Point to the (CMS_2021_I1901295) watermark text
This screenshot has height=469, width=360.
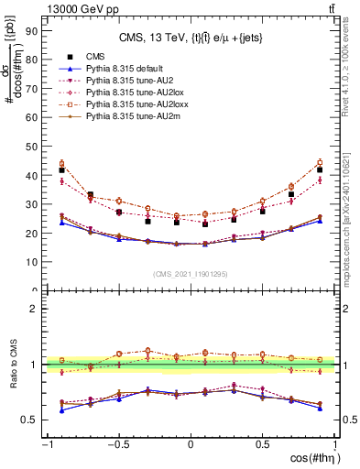pos(191,275)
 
